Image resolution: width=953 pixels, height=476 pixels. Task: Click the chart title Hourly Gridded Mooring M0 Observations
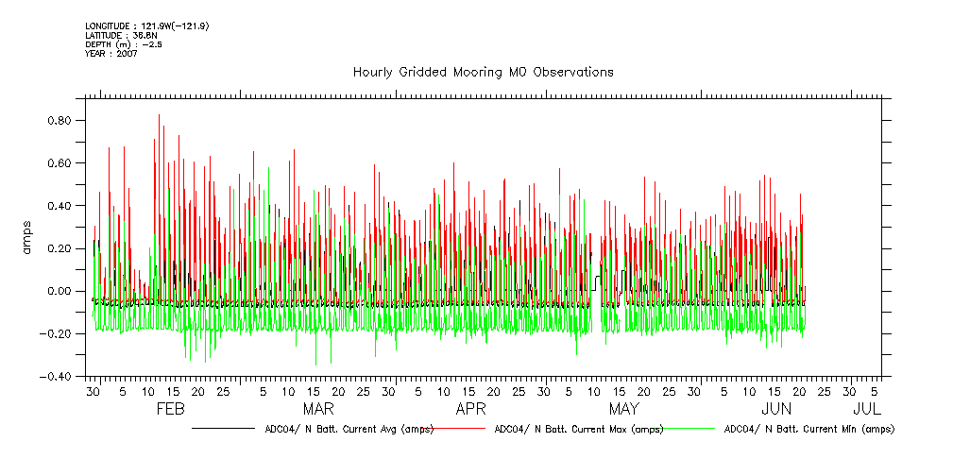[483, 72]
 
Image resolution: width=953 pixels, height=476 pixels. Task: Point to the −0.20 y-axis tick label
[58, 333]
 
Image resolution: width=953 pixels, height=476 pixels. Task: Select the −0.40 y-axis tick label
[58, 376]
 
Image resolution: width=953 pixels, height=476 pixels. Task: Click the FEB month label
[169, 409]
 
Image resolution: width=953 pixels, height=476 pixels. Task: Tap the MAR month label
[318, 409]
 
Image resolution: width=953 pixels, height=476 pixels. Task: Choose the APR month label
[470, 409]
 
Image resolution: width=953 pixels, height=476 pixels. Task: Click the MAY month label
[623, 409]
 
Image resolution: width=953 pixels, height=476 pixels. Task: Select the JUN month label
[776, 409]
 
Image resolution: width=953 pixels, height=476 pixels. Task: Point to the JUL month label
[867, 409]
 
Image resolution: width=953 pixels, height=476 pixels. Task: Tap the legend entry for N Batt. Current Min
[808, 429]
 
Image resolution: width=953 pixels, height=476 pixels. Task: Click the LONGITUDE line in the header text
[146, 25]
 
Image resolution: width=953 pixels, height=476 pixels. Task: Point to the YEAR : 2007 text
[111, 53]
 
